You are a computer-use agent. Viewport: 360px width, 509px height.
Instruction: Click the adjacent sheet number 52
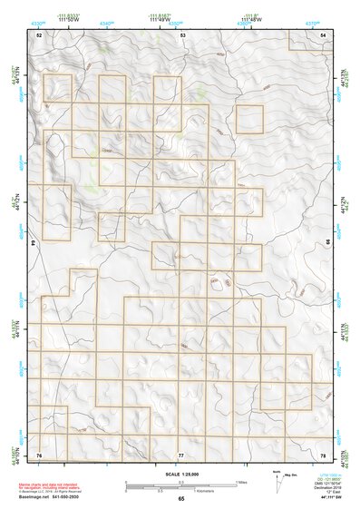click(x=39, y=34)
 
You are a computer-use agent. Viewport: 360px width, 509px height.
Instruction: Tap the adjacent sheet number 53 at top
click(x=182, y=34)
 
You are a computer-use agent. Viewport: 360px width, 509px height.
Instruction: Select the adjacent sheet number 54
click(x=324, y=34)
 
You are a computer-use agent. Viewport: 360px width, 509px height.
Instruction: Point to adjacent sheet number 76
click(x=39, y=454)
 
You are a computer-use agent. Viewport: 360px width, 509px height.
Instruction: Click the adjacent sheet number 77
click(x=180, y=454)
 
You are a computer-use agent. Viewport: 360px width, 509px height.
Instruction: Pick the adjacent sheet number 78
click(x=324, y=454)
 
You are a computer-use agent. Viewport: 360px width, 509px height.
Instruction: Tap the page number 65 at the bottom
click(x=180, y=499)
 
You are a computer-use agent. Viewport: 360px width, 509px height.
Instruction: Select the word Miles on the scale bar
click(x=241, y=482)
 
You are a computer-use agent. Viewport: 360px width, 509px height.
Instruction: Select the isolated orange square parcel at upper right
click(x=249, y=119)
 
